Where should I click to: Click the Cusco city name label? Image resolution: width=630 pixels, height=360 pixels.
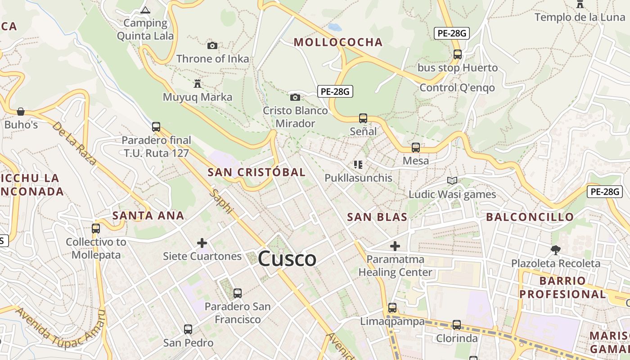tap(287, 259)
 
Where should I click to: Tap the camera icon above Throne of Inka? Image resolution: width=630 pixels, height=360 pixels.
tap(212, 45)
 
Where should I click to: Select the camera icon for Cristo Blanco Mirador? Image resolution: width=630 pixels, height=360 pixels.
tap(295, 97)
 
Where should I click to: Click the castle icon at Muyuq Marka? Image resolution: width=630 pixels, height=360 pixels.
tap(197, 83)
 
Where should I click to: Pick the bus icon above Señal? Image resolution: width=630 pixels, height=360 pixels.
tap(363, 118)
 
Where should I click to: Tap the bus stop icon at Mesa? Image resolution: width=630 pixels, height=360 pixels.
tap(416, 148)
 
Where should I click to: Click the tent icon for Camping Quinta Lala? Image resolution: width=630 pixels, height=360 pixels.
tap(145, 10)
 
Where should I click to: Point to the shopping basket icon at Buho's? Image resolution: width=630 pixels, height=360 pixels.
tap(21, 111)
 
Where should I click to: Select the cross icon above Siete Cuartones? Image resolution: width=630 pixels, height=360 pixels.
tap(202, 243)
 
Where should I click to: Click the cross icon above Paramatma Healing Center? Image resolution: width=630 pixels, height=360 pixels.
tap(395, 246)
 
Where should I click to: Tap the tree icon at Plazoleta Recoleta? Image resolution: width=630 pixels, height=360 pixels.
tap(556, 250)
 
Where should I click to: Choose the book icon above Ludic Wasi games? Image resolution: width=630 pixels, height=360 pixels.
tap(452, 181)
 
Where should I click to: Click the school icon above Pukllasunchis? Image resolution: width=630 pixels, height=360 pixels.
tap(358, 165)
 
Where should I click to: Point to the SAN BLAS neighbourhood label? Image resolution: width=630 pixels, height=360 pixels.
tap(377, 217)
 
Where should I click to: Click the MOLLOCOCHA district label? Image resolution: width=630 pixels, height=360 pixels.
tap(338, 42)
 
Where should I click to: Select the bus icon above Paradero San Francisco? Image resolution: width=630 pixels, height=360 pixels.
tap(238, 293)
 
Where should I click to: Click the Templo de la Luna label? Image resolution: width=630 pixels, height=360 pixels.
tap(580, 18)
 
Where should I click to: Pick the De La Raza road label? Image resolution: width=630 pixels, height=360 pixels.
tap(74, 143)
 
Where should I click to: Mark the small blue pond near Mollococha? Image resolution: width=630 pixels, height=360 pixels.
tap(334, 27)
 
